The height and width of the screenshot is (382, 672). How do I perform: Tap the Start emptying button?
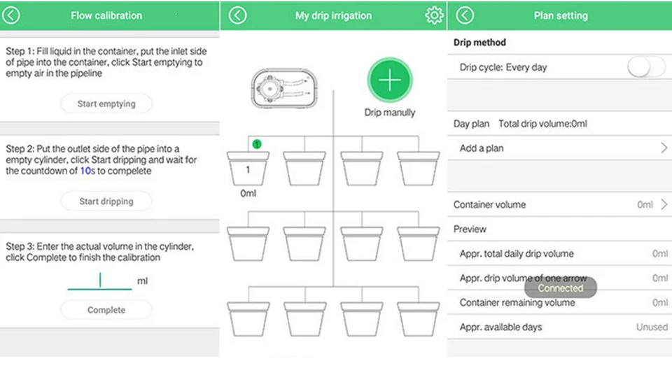106,104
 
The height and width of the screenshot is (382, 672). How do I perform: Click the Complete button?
106,310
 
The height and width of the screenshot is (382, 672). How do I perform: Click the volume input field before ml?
100,281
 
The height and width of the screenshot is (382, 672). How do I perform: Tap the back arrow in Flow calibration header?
11,15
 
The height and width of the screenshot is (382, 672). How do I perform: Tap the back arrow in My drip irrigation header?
238,15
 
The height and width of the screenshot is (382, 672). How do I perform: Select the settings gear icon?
434,15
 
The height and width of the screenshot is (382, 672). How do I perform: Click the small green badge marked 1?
257,144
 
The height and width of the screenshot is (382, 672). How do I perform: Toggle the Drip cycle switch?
645,67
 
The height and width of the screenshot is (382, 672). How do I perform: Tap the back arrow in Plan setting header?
465,15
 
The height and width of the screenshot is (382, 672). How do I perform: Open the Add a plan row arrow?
664,148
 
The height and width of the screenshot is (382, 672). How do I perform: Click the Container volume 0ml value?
645,205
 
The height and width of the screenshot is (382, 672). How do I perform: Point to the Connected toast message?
560,288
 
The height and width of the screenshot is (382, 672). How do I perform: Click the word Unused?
652,327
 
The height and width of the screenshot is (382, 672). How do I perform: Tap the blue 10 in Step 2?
85,171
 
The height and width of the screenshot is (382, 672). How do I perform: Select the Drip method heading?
479,43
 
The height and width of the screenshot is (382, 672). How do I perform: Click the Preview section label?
470,229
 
